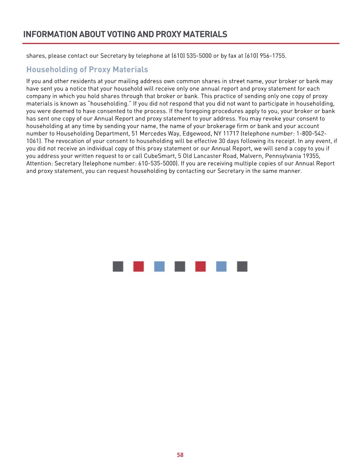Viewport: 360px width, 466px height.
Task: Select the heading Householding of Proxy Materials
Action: [x=87, y=69]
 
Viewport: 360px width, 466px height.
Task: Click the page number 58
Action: [x=180, y=455]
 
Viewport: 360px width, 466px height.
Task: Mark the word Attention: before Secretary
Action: [x=40, y=164]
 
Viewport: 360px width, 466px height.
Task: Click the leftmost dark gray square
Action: [x=118, y=266]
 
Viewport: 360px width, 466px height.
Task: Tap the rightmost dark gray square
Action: [x=242, y=266]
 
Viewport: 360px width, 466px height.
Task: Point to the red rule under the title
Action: [x=181, y=43]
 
